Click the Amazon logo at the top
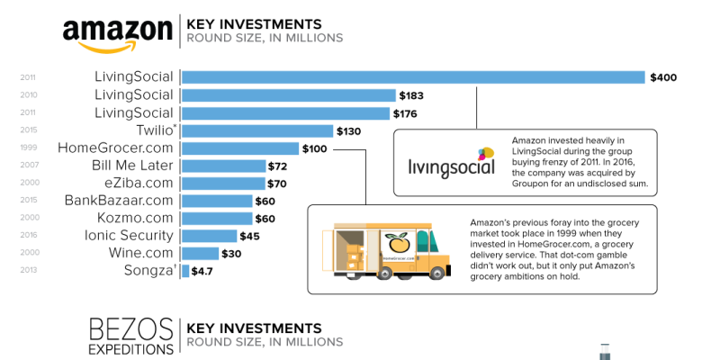(117, 31)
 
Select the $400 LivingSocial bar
(414, 77)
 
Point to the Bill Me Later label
(133, 166)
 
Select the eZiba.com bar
(223, 184)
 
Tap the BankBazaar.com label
(119, 201)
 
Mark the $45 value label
(251, 237)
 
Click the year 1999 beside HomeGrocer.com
(27, 148)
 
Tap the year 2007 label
(27, 166)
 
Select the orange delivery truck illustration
(387, 250)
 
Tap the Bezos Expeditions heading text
(130, 336)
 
